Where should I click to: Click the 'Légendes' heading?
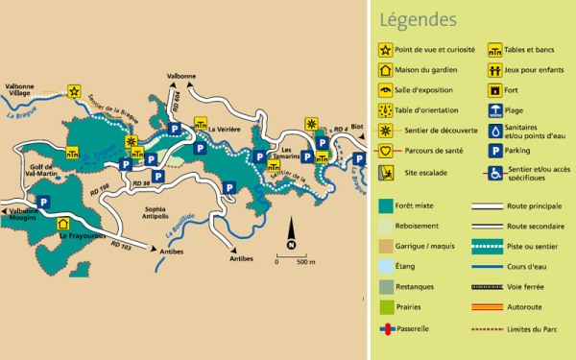418,19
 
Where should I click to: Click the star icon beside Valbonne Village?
74,92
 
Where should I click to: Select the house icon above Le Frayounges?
63,223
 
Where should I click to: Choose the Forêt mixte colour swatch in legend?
386,204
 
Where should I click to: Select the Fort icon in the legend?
495,90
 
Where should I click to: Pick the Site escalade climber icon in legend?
386,173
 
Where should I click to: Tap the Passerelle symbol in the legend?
386,328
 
